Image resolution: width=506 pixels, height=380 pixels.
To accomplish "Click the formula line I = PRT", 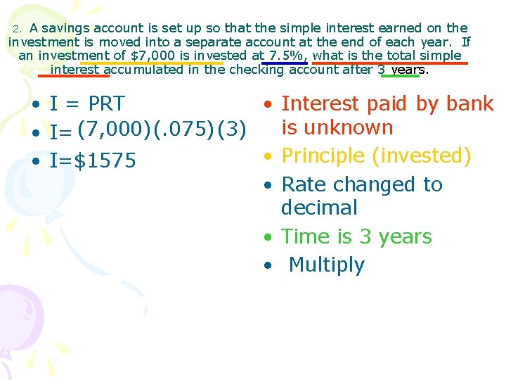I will pyautogui.click(x=87, y=103).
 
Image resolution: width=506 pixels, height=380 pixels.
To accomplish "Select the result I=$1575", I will pyautogui.click(x=93, y=161).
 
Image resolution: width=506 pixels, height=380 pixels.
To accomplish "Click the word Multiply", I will pyautogui.click(x=327, y=265).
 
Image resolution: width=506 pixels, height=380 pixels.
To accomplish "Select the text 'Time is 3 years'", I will pyautogui.click(x=356, y=236).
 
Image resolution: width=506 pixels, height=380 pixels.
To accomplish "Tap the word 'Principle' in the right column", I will pyautogui.click(x=324, y=156).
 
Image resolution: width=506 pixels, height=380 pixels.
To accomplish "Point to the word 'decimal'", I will pyautogui.click(x=319, y=208).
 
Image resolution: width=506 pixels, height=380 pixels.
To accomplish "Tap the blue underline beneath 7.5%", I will pyautogui.click(x=284, y=63).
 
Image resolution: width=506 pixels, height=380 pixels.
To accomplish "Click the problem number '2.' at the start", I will pyautogui.click(x=19, y=29).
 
